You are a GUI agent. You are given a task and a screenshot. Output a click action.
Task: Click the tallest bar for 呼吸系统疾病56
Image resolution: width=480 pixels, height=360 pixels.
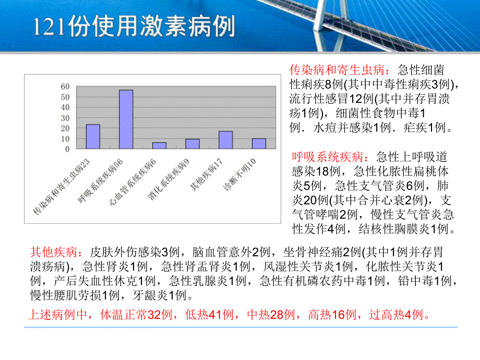[x=126, y=119]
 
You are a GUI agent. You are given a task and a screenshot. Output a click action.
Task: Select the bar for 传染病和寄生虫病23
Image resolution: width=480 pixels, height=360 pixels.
[x=93, y=137]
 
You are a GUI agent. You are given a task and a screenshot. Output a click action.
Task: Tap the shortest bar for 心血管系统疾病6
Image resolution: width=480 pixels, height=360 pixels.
[x=160, y=146]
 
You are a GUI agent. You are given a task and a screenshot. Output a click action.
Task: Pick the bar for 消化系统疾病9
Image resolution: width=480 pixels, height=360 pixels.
[x=193, y=144]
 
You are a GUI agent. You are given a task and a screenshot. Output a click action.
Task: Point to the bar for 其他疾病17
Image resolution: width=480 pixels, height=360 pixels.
[x=225, y=140]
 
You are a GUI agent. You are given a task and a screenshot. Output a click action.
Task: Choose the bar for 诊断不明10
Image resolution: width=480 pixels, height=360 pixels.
[x=259, y=143]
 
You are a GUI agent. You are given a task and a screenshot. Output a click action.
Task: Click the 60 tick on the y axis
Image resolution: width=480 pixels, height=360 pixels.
[x=65, y=87]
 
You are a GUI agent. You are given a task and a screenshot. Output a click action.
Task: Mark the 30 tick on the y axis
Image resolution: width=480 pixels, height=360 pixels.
[x=65, y=118]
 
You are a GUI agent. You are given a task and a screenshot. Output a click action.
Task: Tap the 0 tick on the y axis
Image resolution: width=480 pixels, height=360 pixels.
[x=67, y=149]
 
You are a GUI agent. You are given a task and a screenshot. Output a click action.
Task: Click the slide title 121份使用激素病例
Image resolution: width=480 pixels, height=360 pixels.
[x=134, y=26]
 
